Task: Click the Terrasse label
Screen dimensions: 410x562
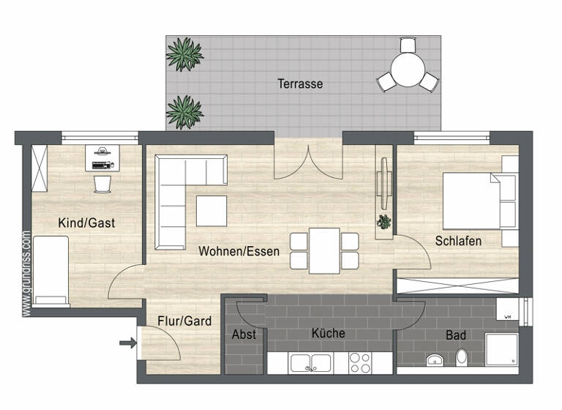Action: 300,84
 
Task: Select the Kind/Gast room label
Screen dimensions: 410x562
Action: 87,223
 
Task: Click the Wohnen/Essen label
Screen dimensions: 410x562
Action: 239,251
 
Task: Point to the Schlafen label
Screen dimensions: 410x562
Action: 458,240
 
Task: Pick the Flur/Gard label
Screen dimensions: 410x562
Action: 184,321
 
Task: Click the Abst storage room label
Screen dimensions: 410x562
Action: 244,334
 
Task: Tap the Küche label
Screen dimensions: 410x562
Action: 328,333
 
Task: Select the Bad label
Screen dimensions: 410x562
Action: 456,335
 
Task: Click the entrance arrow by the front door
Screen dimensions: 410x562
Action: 127,342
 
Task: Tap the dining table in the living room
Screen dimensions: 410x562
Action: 324,250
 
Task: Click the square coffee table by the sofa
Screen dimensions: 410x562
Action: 211,211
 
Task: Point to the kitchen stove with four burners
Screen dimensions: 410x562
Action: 359,362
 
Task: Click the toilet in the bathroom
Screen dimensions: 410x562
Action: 462,357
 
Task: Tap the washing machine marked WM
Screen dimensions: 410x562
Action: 506,312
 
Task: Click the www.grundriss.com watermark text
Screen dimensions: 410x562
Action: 26,275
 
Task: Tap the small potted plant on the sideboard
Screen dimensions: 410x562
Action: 383,221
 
